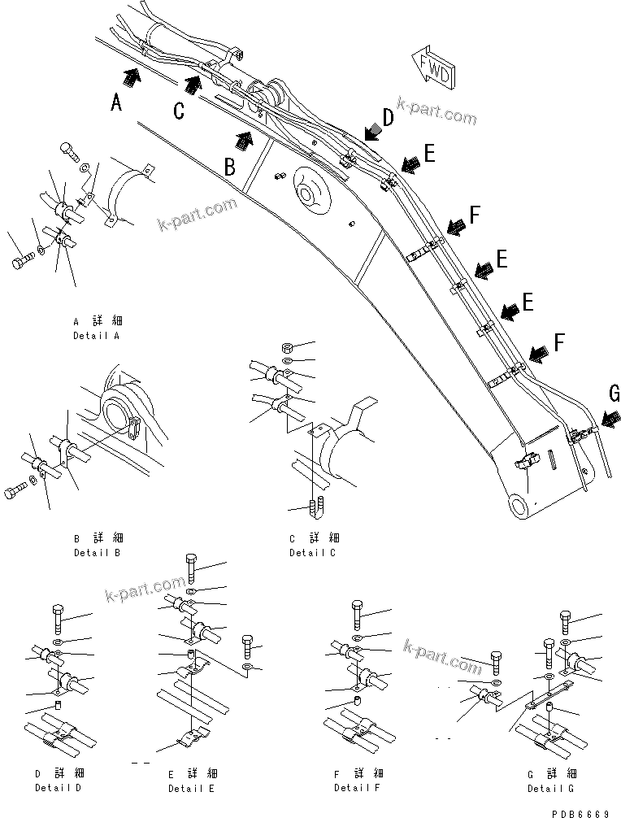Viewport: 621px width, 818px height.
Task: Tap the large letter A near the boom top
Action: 117,102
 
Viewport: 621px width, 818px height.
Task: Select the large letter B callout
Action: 230,167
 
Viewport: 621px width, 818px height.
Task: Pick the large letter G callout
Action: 613,394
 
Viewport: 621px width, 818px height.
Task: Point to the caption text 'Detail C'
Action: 312,552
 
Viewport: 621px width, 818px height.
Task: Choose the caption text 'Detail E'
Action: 191,789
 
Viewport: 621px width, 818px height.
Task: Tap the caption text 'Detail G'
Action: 550,788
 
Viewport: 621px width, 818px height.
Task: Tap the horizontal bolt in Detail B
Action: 20,491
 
